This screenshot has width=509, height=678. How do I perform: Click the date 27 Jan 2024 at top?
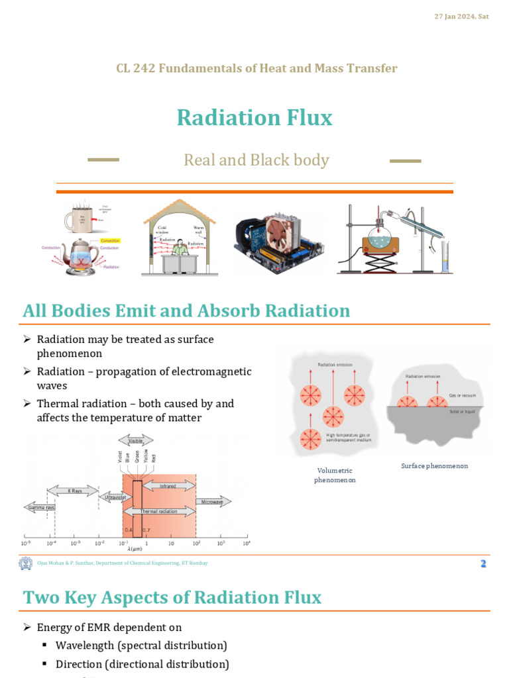click(x=461, y=16)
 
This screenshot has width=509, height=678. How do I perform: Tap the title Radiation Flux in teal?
click(x=254, y=118)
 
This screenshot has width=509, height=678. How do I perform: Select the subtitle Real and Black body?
click(x=256, y=160)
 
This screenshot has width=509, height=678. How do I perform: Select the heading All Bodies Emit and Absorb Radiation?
click(x=186, y=311)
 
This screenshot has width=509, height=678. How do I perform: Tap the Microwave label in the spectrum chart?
click(x=212, y=502)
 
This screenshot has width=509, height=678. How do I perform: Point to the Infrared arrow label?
click(x=167, y=486)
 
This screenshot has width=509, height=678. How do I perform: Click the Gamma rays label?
click(x=39, y=508)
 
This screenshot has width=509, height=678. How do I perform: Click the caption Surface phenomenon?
click(x=434, y=466)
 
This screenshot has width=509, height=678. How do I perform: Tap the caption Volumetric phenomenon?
click(x=335, y=475)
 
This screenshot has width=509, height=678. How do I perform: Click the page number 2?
click(x=483, y=563)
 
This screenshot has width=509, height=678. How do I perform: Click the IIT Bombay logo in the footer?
click(x=25, y=563)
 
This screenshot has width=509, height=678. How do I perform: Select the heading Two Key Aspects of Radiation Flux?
click(x=172, y=597)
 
